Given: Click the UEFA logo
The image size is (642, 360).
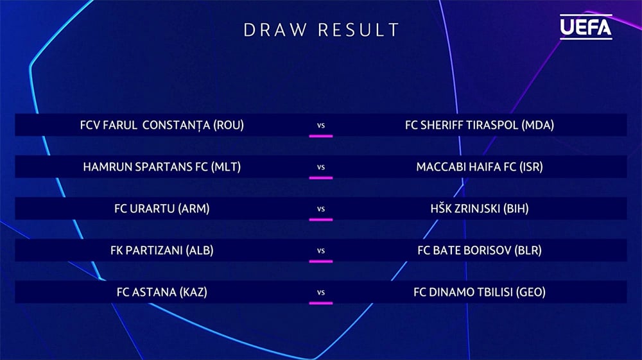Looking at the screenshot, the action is [586, 27].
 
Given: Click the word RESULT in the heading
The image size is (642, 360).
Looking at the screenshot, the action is [358, 30].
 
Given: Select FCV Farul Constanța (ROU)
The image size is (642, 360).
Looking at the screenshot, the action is [162, 124].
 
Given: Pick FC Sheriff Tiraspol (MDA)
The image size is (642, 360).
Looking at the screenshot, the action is [480, 124].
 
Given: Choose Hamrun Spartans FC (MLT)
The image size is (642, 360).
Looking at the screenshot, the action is [162, 166].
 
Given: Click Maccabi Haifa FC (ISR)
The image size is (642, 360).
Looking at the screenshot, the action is [480, 166].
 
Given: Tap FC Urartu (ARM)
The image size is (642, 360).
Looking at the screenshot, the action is [162, 208].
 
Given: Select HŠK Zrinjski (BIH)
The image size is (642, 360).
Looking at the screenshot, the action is [480, 208].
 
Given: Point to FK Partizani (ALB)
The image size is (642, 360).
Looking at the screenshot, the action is [162, 250].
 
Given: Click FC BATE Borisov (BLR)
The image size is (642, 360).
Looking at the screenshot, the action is [480, 250].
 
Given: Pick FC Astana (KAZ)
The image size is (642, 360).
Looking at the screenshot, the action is [162, 292].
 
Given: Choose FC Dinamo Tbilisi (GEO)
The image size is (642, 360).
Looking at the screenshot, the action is [480, 292].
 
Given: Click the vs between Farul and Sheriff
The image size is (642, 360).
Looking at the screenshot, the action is [321, 126].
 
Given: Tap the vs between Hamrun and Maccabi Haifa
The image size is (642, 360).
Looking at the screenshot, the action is [321, 167].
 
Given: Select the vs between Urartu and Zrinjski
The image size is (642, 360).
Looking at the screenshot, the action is [321, 209].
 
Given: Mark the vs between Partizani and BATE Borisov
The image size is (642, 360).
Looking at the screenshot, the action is [321, 251].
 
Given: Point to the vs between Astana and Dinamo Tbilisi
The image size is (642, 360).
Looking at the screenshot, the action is [321, 293].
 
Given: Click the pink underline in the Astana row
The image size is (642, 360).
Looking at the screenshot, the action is [321, 303].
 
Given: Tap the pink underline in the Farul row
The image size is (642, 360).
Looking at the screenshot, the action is [321, 136].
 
